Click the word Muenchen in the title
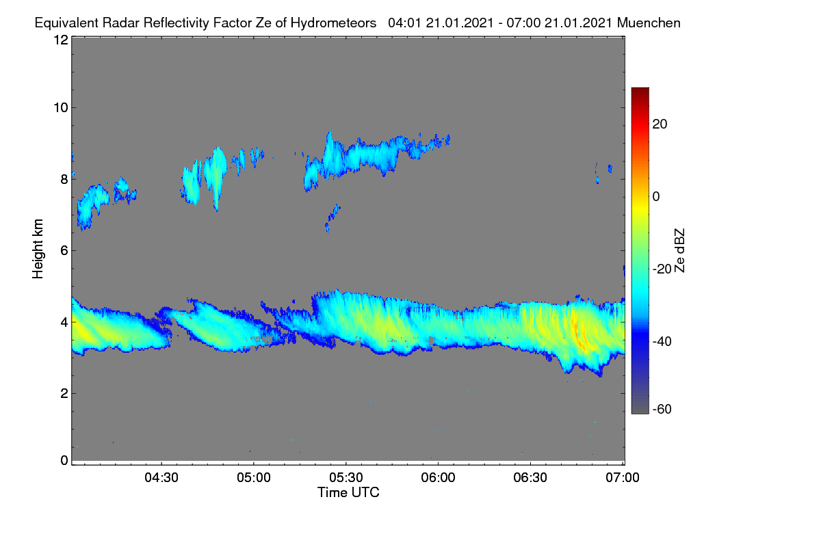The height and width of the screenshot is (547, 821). coord(649,23)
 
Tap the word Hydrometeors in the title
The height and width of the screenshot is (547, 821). coord(333,23)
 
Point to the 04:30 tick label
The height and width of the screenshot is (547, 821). coord(161,477)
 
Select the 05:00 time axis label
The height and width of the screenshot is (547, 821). coord(254,477)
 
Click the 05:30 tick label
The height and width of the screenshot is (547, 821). coord(346,477)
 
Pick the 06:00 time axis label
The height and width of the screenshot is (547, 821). coord(438,477)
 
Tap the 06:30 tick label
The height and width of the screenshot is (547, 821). coord(530,477)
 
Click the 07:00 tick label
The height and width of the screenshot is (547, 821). coord(623,477)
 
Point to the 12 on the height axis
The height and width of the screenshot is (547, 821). coord(61,40)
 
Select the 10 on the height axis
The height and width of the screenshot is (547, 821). coord(61,108)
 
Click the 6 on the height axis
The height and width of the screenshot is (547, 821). coord(64,251)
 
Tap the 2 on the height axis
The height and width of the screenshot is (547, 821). coord(64,393)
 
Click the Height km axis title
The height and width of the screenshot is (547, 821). coord(38,249)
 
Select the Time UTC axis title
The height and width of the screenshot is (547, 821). coord(348,492)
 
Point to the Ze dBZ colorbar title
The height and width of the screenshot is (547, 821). coord(679,251)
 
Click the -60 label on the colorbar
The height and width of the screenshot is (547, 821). coord(662,410)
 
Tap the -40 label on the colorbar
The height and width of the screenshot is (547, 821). coord(662,341)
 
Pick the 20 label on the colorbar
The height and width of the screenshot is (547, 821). coord(660,124)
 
